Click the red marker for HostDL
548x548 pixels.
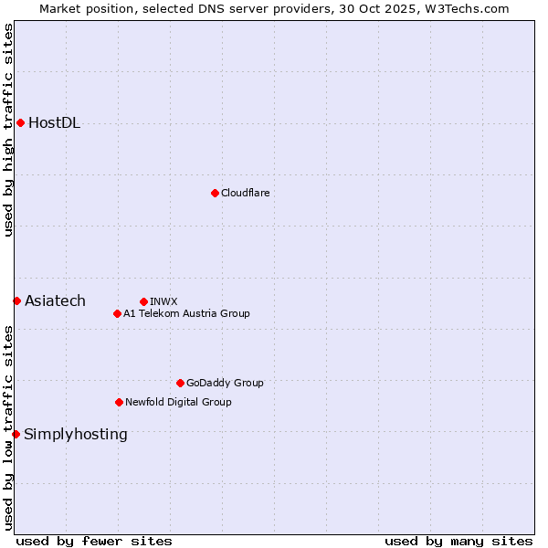point(20,123)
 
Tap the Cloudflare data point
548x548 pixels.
point(215,193)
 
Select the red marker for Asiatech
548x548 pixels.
point(16,300)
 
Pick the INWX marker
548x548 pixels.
point(143,301)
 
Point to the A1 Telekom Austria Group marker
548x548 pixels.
point(117,313)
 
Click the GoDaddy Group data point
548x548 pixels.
point(180,383)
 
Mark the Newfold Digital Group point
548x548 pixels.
point(119,402)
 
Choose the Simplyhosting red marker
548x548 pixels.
point(16,434)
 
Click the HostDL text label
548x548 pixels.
point(54,123)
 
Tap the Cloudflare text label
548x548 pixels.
point(245,193)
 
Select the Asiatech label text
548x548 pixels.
point(55,300)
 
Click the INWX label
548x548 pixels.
point(163,301)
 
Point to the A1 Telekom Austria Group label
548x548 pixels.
point(186,313)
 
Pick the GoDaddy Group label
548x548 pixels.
point(225,383)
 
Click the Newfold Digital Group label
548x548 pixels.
point(178,402)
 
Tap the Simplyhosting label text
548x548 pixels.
point(75,434)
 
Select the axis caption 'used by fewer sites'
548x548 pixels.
point(94,541)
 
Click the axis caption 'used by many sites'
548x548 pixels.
point(458,541)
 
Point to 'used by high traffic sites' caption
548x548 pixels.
point(8,131)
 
